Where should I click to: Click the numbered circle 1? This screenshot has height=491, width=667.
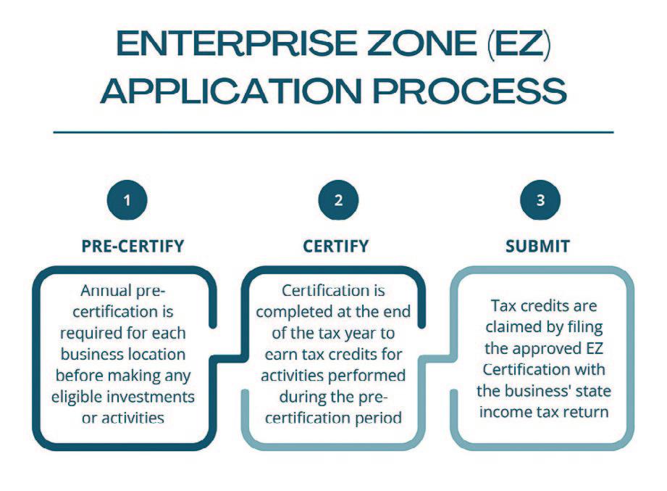pos(127,200)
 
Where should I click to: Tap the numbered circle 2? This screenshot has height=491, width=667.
pos(338,200)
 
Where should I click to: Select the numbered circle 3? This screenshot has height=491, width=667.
pos(540,200)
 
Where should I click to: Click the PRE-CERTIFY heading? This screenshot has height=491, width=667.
pos(133,246)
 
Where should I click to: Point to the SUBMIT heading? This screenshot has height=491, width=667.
pos(537,246)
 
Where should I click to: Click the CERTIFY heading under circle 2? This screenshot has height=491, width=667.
pos(335,246)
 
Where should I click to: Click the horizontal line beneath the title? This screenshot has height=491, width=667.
pos(333,133)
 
